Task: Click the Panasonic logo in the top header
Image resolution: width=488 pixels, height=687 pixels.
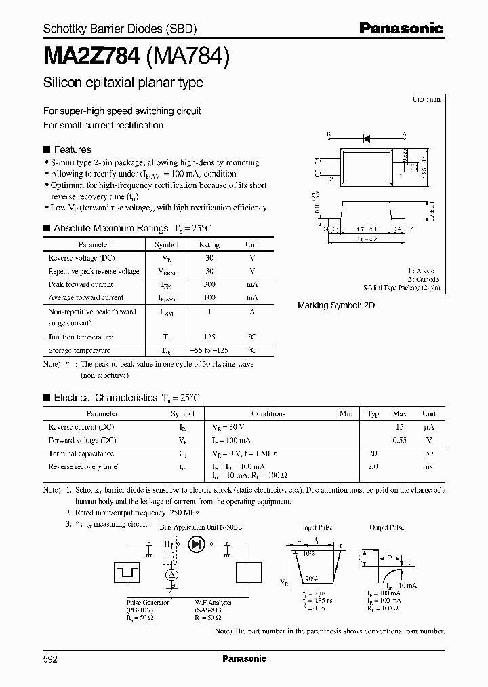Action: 401,29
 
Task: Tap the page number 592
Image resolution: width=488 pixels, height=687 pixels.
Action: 51,658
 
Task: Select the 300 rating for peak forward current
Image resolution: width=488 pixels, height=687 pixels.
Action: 209,284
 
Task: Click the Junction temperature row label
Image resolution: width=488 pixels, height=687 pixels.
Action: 81,337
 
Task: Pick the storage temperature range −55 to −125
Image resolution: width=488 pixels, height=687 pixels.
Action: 209,350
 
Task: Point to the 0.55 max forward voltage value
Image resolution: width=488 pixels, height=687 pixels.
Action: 400,440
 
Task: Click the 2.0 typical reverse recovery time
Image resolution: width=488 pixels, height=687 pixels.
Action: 373,466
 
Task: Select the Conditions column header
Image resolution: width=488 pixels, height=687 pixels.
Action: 268,413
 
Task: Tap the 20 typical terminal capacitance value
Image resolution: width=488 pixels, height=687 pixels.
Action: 373,453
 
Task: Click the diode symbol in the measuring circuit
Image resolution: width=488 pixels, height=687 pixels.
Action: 197,543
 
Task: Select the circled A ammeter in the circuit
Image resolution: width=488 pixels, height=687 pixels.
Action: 171,574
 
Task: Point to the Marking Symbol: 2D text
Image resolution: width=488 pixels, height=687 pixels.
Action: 336,305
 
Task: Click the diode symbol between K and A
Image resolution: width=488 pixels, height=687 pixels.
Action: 366,138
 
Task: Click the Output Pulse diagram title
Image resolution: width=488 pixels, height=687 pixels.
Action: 386,527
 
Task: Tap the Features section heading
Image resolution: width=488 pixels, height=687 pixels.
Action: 72,149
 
